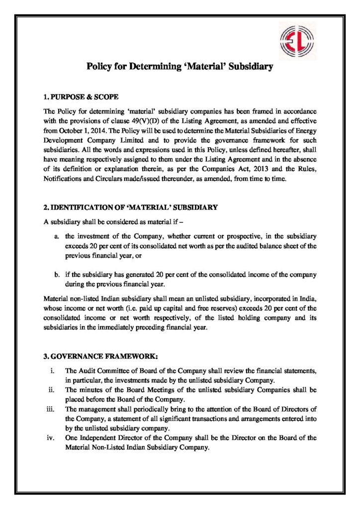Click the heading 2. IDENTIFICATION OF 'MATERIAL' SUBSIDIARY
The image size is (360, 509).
(x=128, y=208)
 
